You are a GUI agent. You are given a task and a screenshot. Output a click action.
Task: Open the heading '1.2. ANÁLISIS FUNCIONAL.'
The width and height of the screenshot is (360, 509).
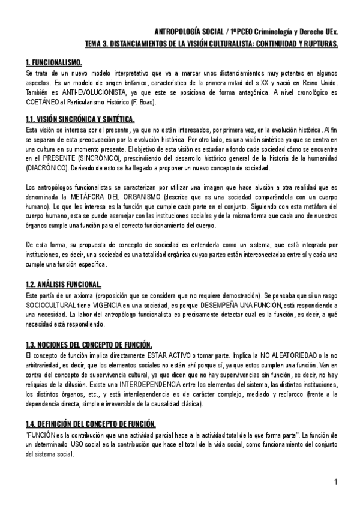click(x=64, y=283)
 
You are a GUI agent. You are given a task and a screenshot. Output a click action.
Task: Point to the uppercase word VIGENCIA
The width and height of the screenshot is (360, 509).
click(x=119, y=306)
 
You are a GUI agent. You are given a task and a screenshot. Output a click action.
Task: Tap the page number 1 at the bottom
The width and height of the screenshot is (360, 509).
click(x=337, y=482)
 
